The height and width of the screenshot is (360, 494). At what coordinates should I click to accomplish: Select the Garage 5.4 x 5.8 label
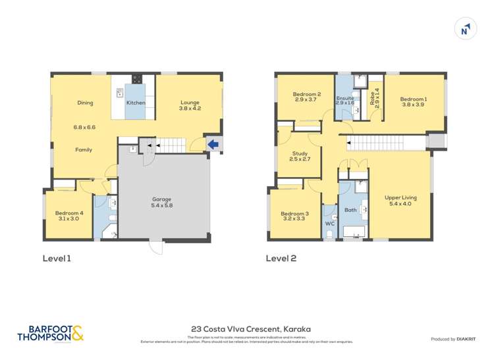(162, 203)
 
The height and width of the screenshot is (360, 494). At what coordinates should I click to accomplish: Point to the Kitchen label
(136, 103)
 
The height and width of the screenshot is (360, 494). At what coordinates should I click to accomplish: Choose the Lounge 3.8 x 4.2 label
(190, 104)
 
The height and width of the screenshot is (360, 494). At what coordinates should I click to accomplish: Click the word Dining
(85, 103)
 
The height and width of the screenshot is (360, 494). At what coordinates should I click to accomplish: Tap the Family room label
(83, 150)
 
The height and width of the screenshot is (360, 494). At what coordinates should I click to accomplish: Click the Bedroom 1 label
(414, 103)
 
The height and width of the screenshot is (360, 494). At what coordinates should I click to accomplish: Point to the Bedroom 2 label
(307, 98)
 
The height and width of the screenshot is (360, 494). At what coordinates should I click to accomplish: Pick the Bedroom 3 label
(294, 217)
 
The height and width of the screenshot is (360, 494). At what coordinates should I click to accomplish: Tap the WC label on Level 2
(330, 224)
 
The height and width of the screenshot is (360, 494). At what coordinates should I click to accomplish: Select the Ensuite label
(345, 100)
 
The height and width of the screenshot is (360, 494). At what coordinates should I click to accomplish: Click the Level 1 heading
(56, 259)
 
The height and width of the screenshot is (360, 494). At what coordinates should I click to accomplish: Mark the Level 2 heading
(281, 259)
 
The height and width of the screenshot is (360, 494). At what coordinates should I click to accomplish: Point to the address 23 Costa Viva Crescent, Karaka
(246, 329)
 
